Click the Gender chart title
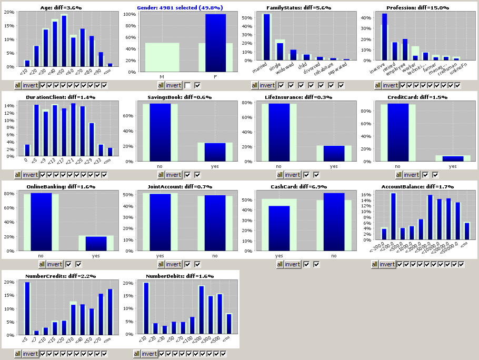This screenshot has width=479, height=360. click(x=179, y=8)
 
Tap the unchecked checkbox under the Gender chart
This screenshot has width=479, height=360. click(x=188, y=85)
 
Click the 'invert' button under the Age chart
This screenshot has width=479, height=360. click(x=31, y=85)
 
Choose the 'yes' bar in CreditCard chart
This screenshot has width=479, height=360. click(x=453, y=158)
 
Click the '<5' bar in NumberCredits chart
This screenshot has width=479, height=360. click(x=27, y=308)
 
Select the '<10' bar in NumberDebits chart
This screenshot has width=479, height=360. click(x=146, y=308)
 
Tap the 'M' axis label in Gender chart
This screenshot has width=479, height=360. click(x=162, y=77)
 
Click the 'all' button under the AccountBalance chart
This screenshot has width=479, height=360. click(x=375, y=264)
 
